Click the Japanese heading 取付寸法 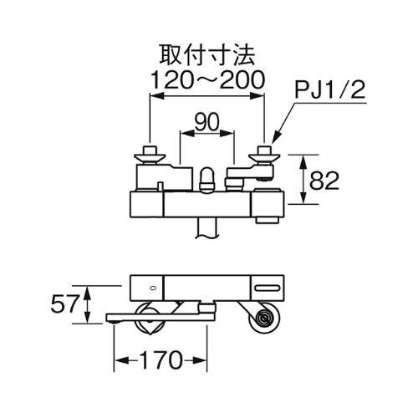tap(207, 55)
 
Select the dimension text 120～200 tap(207, 79)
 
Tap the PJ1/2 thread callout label tap(329, 89)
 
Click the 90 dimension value tap(206, 122)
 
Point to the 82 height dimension tap(324, 181)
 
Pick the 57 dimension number tap(64, 303)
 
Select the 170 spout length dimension tap(161, 360)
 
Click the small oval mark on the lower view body tap(152, 288)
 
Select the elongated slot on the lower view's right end tap(268, 288)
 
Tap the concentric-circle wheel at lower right tap(263, 319)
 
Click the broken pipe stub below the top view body tap(206, 227)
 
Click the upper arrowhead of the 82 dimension tap(303, 161)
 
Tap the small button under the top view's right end tap(268, 221)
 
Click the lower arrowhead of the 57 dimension tap(87, 317)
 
